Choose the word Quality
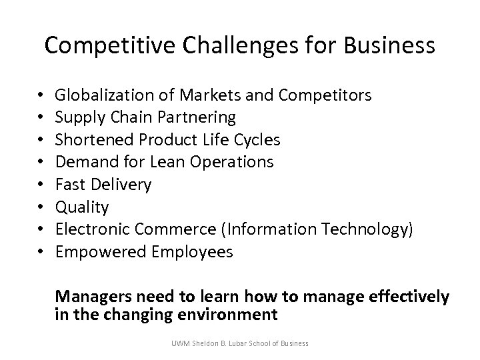[81, 207]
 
